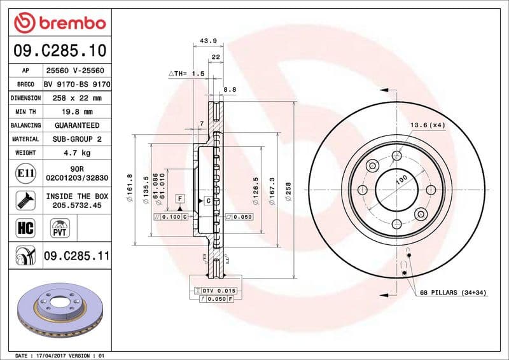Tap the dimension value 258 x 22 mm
77,98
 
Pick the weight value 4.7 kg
77,153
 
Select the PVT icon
60,228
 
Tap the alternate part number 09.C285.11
77,256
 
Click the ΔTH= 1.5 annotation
186,74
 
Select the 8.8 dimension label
230,90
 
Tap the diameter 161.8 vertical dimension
130,189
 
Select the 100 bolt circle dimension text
401,180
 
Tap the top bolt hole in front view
396,156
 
